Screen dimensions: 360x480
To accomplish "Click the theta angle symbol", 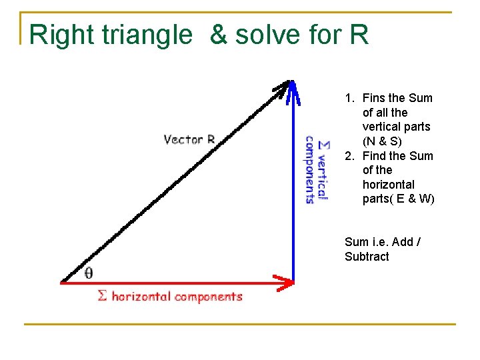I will (x=89, y=273).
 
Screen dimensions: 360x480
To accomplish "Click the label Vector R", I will (x=189, y=139).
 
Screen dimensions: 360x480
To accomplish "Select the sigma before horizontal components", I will (x=102, y=295).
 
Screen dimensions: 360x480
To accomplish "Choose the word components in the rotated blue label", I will (x=310, y=169).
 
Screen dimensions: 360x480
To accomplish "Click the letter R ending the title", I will (x=359, y=35).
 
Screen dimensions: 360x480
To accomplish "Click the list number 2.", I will (x=349, y=156).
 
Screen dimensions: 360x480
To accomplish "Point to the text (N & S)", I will (x=382, y=141).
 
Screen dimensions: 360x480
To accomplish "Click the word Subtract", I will (x=367, y=257).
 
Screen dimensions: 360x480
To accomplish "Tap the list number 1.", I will (x=349, y=98).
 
